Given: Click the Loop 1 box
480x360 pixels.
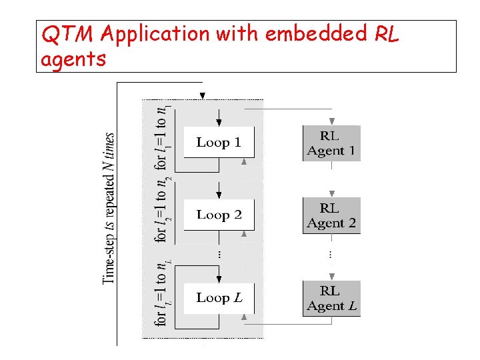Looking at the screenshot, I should click(219, 142).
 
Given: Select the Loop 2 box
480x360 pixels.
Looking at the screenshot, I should click(219, 215).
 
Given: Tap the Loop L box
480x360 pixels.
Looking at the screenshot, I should click(219, 298).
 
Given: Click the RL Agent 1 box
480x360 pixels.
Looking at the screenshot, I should click(331, 143).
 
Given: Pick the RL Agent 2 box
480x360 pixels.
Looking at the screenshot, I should click(331, 215).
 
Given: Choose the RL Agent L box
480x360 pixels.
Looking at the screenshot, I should click(331, 299).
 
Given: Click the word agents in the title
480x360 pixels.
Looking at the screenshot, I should click(73, 60).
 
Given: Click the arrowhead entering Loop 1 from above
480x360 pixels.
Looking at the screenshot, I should click(219, 122).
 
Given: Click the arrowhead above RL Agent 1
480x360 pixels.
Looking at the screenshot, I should click(331, 121).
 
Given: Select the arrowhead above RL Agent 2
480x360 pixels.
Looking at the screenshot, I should click(331, 193).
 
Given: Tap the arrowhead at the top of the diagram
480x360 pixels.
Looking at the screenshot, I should click(203, 95).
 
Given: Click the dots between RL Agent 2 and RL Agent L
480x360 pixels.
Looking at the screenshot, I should click(331, 255).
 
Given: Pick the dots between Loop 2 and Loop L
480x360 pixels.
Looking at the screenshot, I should click(219, 255).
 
